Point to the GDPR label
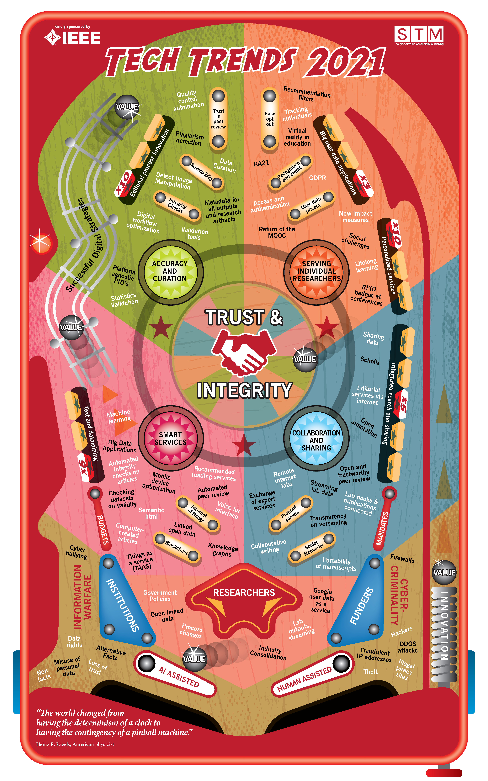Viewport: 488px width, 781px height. [x=317, y=178]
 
